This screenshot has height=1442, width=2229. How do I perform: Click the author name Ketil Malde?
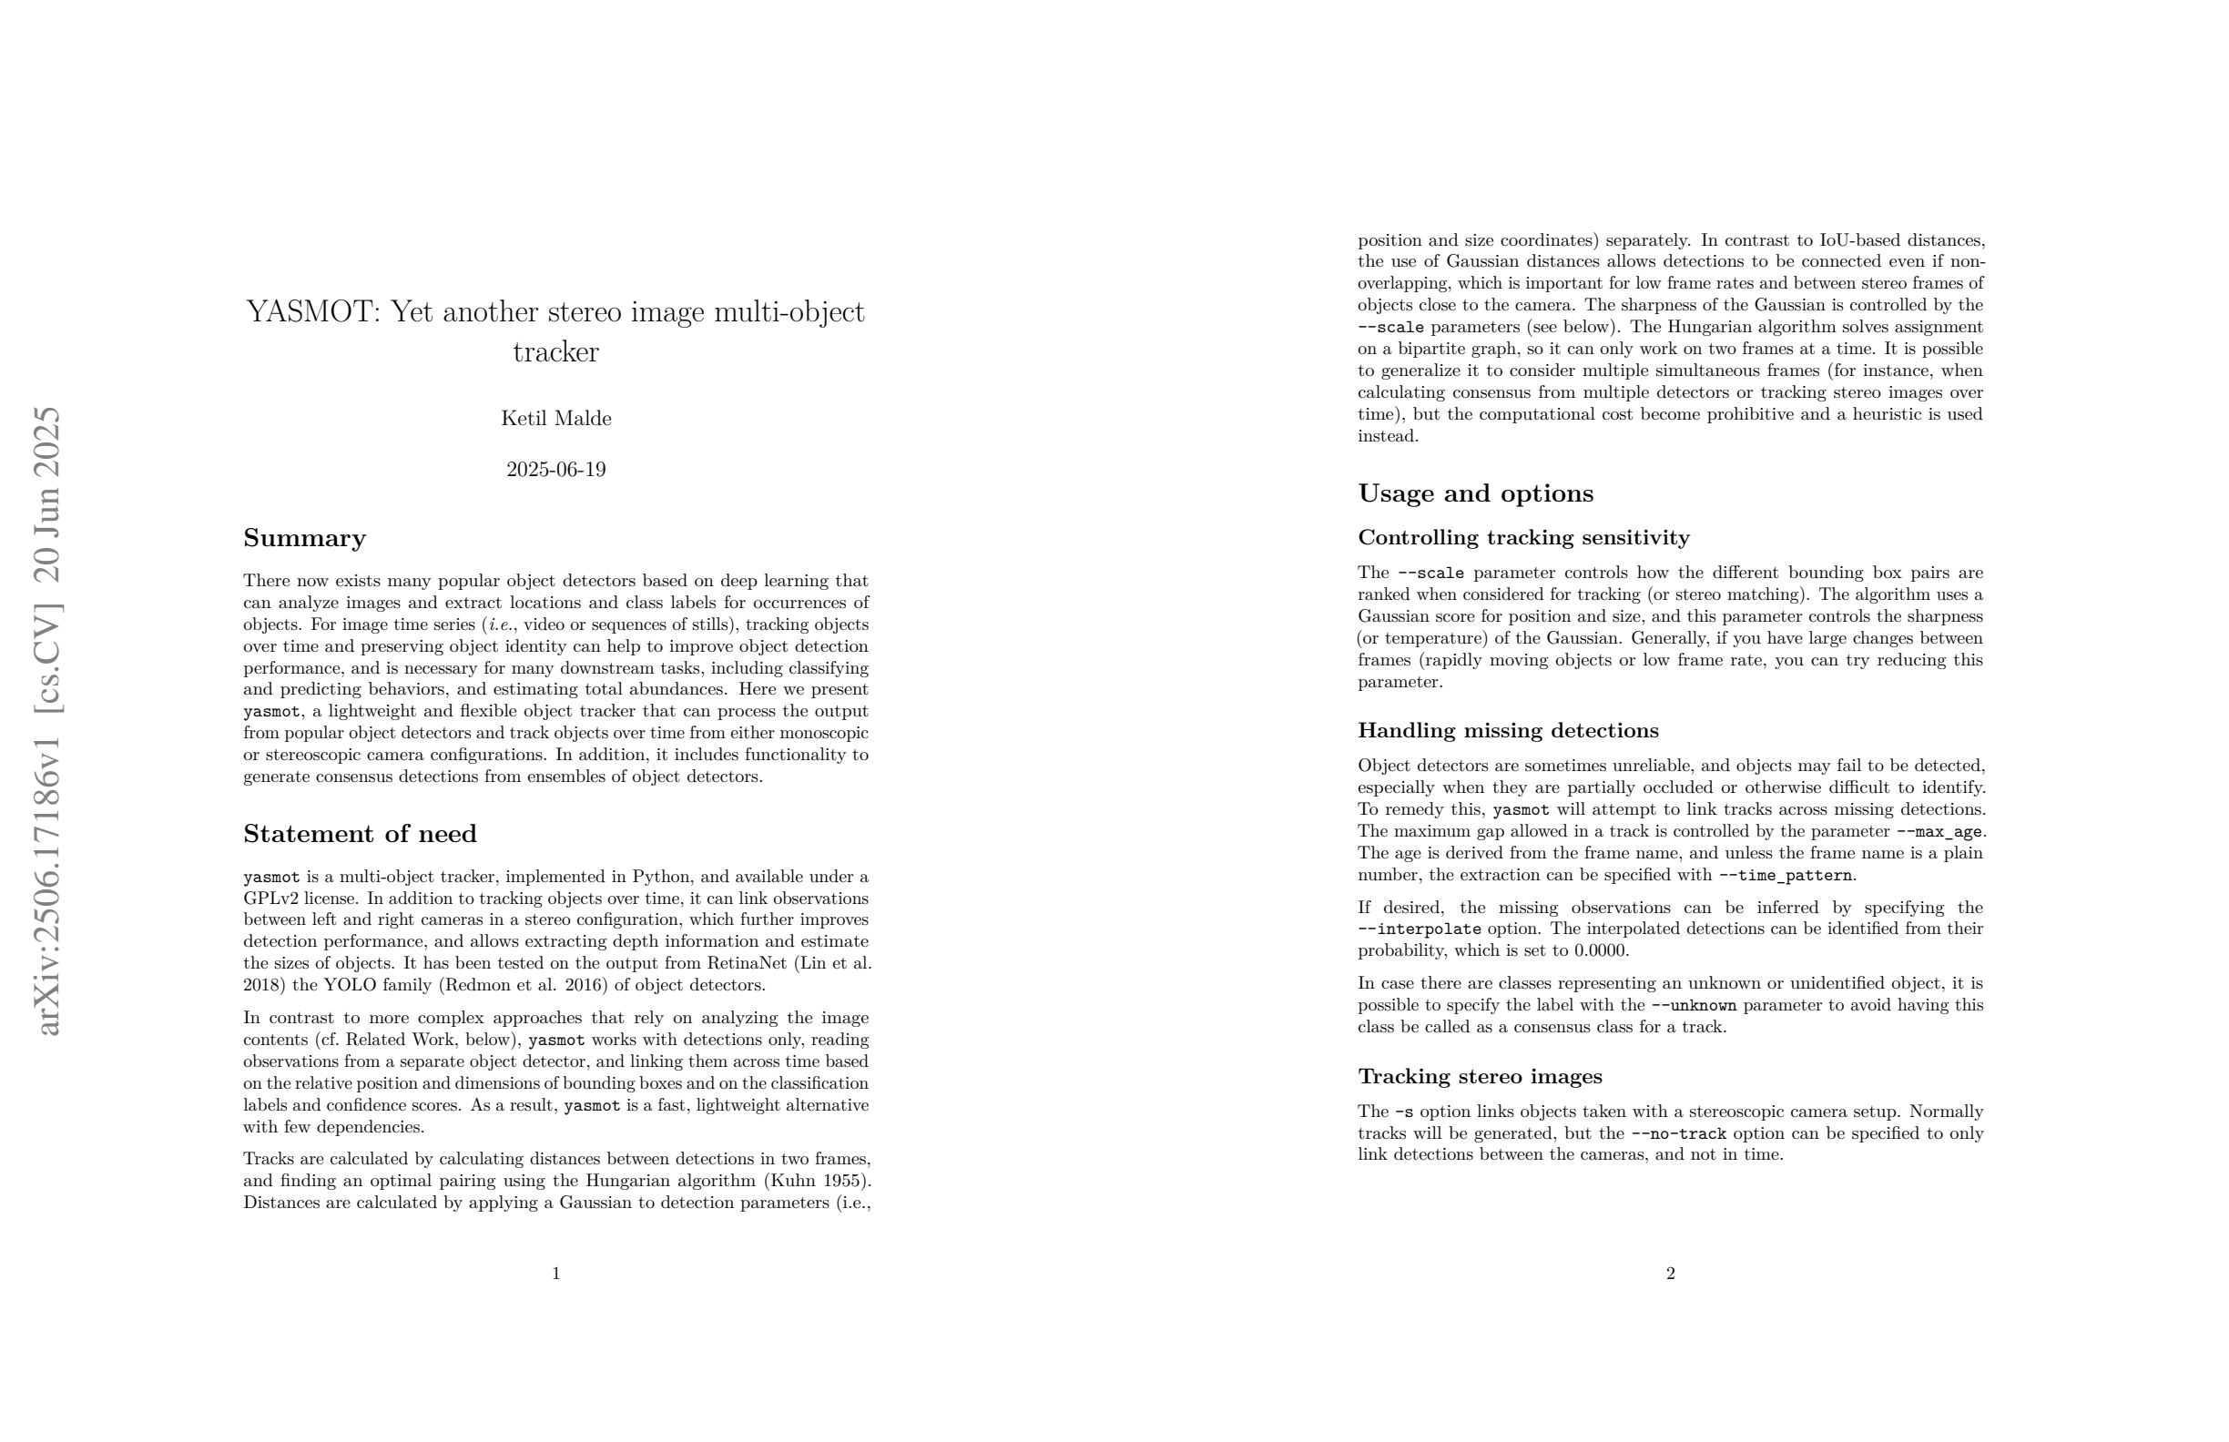click(555, 419)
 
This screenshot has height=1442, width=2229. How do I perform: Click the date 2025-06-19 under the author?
click(555, 470)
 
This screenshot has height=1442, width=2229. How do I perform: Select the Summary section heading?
click(304, 538)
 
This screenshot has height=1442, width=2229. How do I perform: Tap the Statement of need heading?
click(360, 834)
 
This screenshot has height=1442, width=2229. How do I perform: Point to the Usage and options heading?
click(1475, 493)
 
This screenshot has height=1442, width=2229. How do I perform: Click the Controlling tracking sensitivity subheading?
click(1522, 537)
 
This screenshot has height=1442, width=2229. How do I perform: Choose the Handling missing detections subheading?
click(1508, 730)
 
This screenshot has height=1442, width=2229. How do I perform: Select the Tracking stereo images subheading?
click(1480, 1077)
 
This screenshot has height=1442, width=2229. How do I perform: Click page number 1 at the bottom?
click(556, 1274)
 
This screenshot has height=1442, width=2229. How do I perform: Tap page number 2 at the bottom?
click(1670, 1274)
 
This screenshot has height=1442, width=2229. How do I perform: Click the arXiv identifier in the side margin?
click(46, 721)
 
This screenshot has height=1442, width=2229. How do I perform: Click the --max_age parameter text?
click(1939, 831)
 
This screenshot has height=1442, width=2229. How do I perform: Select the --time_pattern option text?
click(1785, 876)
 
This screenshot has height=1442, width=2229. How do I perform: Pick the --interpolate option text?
click(1419, 929)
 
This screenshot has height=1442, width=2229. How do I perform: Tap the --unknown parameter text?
click(1694, 1006)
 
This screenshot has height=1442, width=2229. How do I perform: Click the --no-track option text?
click(1678, 1134)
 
